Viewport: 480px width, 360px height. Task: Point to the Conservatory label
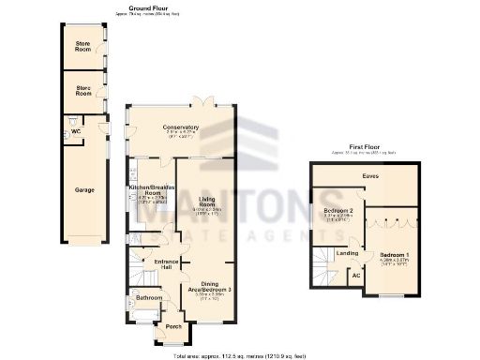pyautogui.click(x=181, y=127)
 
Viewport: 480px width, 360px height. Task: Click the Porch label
pyautogui.click(x=174, y=326)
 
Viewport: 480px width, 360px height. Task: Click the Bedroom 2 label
pyautogui.click(x=337, y=211)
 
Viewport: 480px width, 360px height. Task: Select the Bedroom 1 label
pyautogui.click(x=395, y=255)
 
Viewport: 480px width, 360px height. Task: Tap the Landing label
pyautogui.click(x=347, y=253)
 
